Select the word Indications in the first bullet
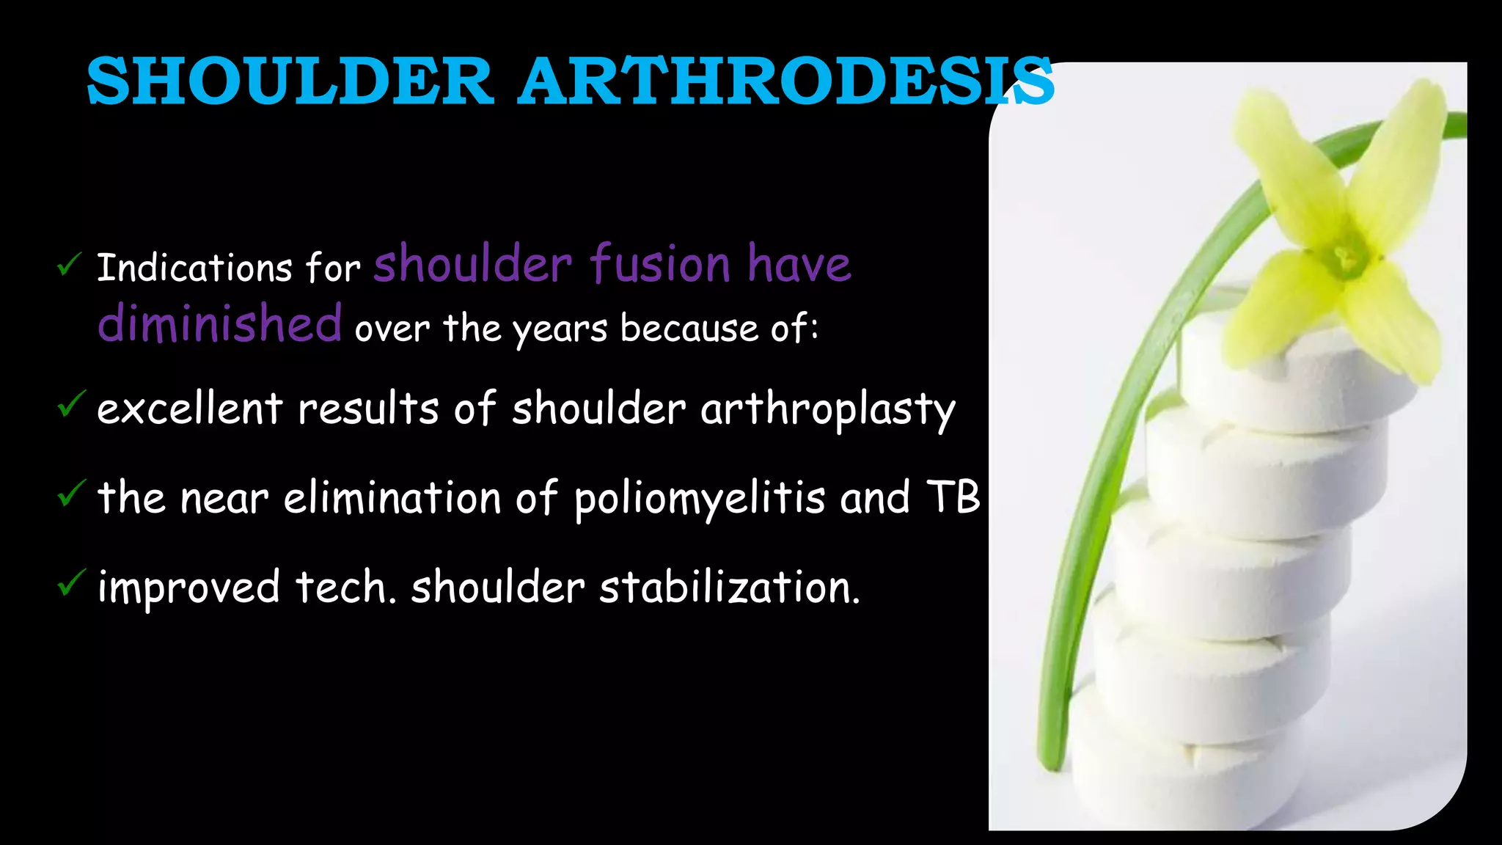tap(194, 268)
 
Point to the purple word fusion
tap(660, 264)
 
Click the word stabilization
tap(730, 588)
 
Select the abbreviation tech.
tap(345, 588)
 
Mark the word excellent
tap(189, 409)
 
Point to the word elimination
tap(392, 497)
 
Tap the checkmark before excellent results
tap(70, 404)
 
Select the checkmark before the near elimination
tap(70, 494)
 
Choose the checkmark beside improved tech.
tap(70, 583)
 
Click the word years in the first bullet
tap(560, 329)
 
